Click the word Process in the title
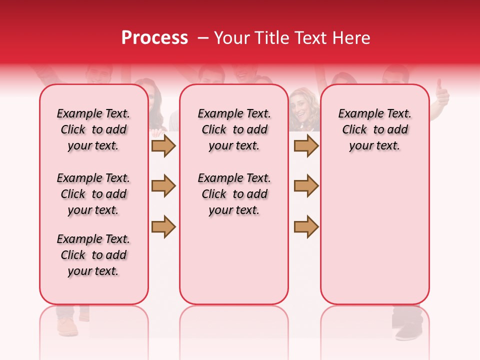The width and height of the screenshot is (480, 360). point(154,38)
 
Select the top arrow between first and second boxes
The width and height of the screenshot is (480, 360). point(163,145)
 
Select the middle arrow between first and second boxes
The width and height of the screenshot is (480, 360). point(163,186)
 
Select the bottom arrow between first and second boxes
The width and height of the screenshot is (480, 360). point(163,226)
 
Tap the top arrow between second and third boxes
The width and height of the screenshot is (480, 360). point(306,145)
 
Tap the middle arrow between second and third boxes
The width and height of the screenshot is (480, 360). point(306,186)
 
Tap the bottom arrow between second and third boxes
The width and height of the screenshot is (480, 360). point(306,226)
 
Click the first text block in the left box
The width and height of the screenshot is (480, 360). point(93,129)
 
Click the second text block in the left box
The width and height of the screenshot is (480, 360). point(93,194)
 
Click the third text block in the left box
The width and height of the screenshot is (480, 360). point(93,255)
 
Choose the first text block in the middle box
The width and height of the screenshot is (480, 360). point(234,129)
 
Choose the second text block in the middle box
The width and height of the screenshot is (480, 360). point(234,194)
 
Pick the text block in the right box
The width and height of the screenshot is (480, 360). point(374,129)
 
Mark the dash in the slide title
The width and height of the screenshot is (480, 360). point(202,38)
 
